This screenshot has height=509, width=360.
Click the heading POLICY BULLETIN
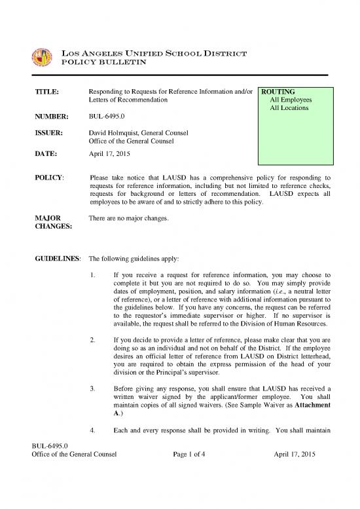[x=109, y=62]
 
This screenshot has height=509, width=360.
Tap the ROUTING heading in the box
[x=278, y=92]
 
